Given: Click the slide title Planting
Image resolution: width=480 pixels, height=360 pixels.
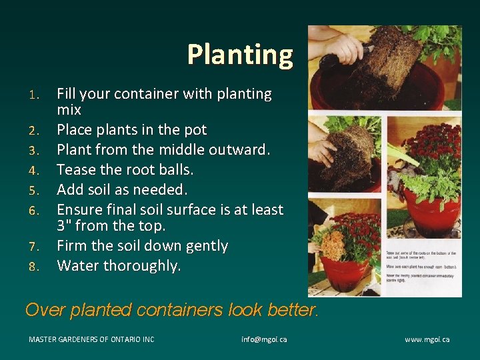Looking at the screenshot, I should tap(240, 55).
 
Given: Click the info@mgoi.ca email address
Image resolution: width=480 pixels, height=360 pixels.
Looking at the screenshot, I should tap(264, 339).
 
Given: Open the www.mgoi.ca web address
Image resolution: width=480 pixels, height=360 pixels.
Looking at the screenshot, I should tap(427, 339).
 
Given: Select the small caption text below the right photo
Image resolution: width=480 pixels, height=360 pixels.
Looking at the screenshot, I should tap(421, 267).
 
